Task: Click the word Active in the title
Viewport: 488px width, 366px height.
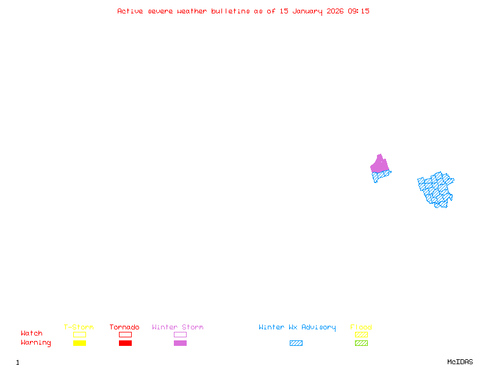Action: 131,11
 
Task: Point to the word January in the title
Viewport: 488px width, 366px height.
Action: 305,11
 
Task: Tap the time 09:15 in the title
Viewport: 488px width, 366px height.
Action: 359,11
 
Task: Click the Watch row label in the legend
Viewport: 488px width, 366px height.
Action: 32,334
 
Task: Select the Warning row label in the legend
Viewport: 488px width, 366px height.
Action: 36,343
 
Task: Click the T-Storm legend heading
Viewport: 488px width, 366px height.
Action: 79,328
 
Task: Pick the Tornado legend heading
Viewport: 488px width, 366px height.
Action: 124,328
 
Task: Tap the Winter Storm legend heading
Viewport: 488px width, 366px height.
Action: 178,328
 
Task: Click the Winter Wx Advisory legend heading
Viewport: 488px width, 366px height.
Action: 297,328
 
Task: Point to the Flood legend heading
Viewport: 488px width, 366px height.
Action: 361,328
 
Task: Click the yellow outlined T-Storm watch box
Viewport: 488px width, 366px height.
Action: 79,334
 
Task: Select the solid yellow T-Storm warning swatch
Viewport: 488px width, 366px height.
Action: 79,343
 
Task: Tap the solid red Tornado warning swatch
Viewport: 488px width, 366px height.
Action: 125,343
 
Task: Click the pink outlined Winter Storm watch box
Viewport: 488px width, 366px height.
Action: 180,334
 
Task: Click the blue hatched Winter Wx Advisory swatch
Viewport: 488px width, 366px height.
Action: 296,343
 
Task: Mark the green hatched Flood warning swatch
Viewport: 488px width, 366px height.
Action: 361,343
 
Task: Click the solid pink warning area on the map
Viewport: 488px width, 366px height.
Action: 379,164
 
